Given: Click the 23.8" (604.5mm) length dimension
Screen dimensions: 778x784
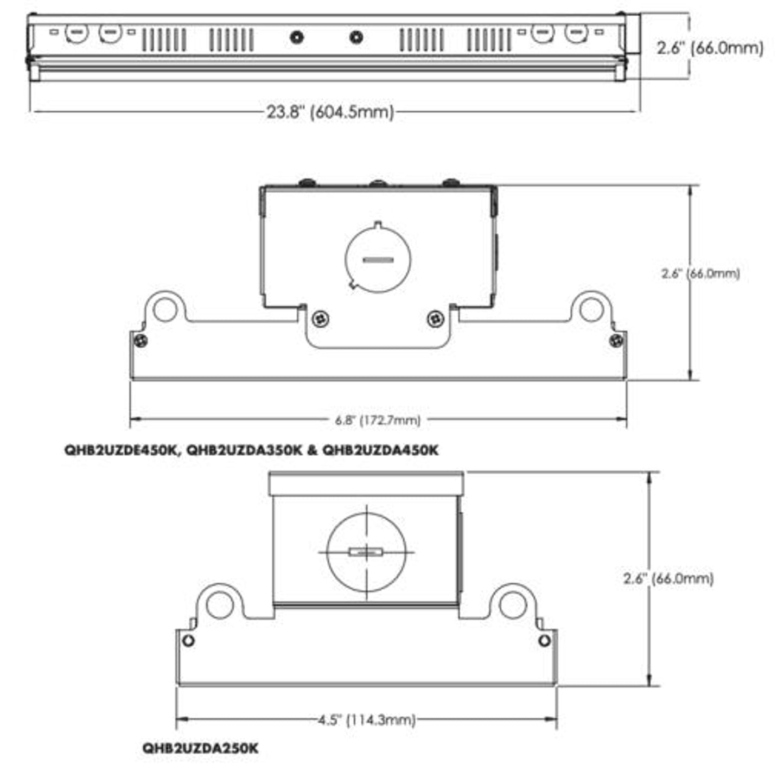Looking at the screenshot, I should (x=330, y=112).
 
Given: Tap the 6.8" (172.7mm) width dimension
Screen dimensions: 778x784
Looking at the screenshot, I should (x=378, y=420).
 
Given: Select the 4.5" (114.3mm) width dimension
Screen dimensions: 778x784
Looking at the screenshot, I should (x=367, y=720).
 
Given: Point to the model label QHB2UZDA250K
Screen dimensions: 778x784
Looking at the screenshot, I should (x=200, y=748).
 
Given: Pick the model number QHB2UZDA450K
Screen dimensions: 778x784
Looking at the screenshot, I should (x=380, y=450).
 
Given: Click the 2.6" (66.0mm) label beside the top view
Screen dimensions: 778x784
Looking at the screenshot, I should (x=710, y=48).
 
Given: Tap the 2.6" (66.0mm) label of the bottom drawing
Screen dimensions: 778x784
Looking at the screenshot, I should (x=668, y=578).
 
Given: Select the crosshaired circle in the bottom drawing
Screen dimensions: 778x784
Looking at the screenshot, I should (x=367, y=552).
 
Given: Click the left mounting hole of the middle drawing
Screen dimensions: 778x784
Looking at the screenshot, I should (x=165, y=309).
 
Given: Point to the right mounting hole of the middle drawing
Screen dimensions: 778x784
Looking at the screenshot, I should (x=591, y=309).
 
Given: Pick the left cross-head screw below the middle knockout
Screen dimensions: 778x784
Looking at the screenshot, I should (x=322, y=318).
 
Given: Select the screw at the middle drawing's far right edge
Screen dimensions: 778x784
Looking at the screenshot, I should (x=616, y=341).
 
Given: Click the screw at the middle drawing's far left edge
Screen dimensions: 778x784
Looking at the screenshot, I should (x=141, y=341).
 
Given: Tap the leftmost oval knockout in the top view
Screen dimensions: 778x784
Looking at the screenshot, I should (x=77, y=33).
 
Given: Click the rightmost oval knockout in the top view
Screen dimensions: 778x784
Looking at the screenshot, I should (x=576, y=33).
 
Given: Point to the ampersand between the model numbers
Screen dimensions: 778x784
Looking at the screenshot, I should (x=312, y=450).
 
